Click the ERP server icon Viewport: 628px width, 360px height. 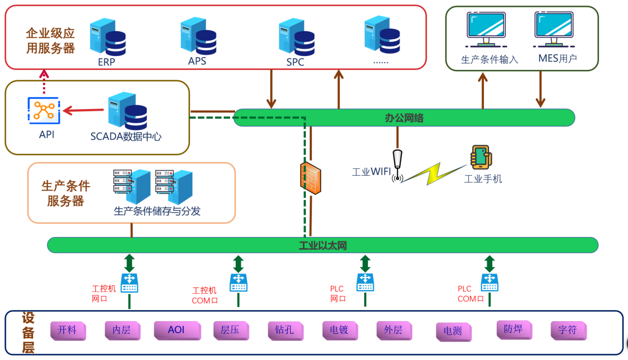click(x=107, y=37)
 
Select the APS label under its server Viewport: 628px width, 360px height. click(x=197, y=61)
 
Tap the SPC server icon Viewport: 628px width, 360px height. click(x=295, y=37)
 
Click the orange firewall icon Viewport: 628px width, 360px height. click(x=310, y=177)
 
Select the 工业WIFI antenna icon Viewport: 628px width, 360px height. click(x=397, y=166)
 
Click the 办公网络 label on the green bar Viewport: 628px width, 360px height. click(x=404, y=118)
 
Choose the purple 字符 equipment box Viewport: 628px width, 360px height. click(x=568, y=330)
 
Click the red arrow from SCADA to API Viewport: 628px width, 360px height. click(x=84, y=110)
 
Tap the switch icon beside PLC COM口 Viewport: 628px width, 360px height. click(x=489, y=282)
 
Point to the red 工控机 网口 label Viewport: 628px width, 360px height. click(x=103, y=294)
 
